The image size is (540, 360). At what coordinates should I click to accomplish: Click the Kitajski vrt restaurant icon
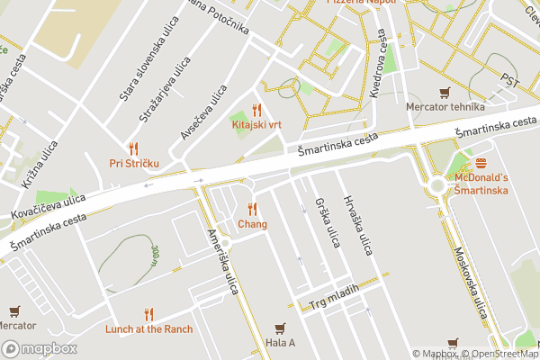point(256,110)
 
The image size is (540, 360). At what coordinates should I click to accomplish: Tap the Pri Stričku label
point(134,163)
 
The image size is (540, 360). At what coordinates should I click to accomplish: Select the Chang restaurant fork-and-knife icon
point(252,209)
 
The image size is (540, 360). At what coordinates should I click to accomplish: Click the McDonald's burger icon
point(481,164)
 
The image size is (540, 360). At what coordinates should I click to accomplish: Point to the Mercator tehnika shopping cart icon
point(444,92)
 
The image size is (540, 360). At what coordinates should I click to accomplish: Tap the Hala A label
point(280,343)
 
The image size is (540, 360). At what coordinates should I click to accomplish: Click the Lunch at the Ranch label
point(148,329)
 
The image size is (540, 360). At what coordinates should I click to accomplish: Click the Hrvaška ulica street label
point(356,224)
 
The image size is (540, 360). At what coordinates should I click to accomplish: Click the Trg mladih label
point(334,298)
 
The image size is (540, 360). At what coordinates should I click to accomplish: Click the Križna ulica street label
point(40,162)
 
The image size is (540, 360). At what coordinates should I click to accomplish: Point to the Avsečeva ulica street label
point(203,113)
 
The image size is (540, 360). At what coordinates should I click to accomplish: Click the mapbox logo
point(39,349)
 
